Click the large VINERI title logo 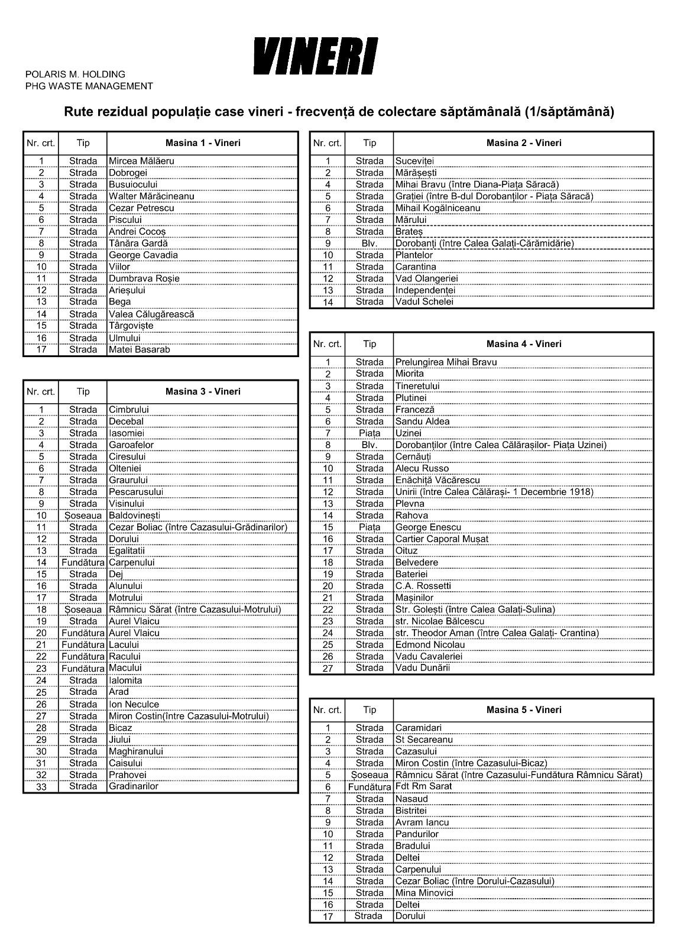[316, 56]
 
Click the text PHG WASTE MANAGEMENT [89, 86]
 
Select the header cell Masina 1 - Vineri [202, 143]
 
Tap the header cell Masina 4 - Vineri [523, 344]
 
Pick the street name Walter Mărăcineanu [151, 196]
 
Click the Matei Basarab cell [140, 350]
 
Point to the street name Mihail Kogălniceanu [438, 208]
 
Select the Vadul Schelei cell [424, 302]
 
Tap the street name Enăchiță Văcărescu [438, 480]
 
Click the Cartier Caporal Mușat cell [442, 539]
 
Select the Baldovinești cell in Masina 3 [134, 516]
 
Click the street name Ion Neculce [134, 704]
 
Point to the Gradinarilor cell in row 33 [134, 786]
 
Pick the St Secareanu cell [424, 740]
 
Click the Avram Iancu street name [422, 822]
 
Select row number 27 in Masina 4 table [328, 669]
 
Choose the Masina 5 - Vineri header [523, 710]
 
